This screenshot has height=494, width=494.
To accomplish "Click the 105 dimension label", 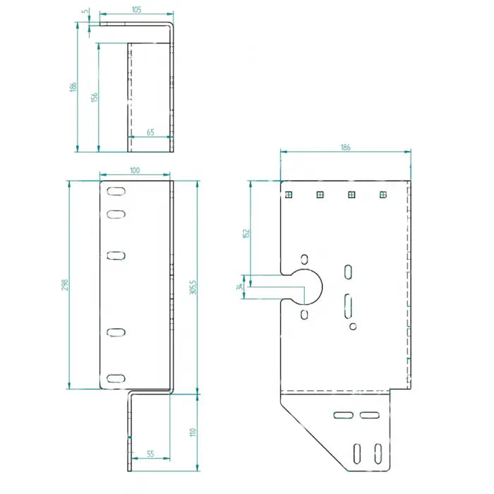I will click(x=136, y=9).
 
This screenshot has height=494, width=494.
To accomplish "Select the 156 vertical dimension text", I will click(x=95, y=97).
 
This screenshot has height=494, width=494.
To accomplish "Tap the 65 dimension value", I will click(x=150, y=132).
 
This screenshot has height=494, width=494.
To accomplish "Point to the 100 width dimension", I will click(x=135, y=170).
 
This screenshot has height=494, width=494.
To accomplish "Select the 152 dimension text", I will click(x=245, y=233).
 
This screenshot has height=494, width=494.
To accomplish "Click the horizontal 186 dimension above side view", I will click(x=345, y=147).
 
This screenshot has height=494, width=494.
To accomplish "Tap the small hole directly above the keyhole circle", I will click(x=304, y=258).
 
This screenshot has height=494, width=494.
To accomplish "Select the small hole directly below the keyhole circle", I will click(x=304, y=314).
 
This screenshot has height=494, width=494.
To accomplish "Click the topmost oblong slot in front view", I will click(x=116, y=191).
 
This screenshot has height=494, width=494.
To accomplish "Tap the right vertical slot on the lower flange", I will click(x=378, y=452).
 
